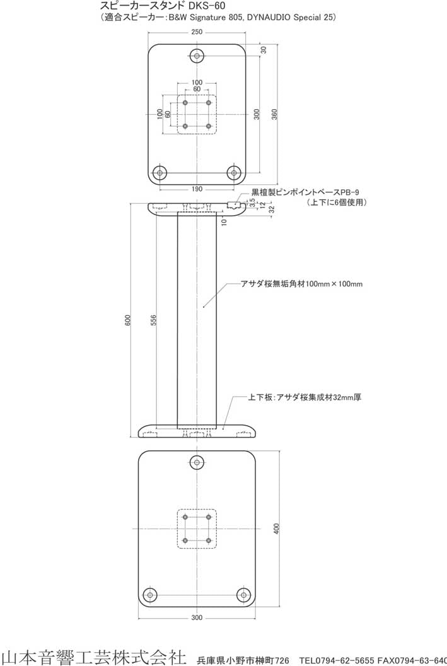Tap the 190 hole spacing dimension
[197, 189]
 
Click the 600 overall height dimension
[127, 320]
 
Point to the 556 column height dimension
[154, 320]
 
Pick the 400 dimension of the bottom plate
[276, 529]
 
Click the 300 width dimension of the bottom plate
[197, 617]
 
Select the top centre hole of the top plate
[197, 56]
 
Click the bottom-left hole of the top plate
[160, 172]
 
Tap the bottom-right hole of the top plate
[235, 172]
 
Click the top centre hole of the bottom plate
[197, 463]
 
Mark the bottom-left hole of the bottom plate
[150, 594]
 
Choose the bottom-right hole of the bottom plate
[244, 594]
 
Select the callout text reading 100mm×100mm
[301, 284]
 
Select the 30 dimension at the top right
[264, 49]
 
